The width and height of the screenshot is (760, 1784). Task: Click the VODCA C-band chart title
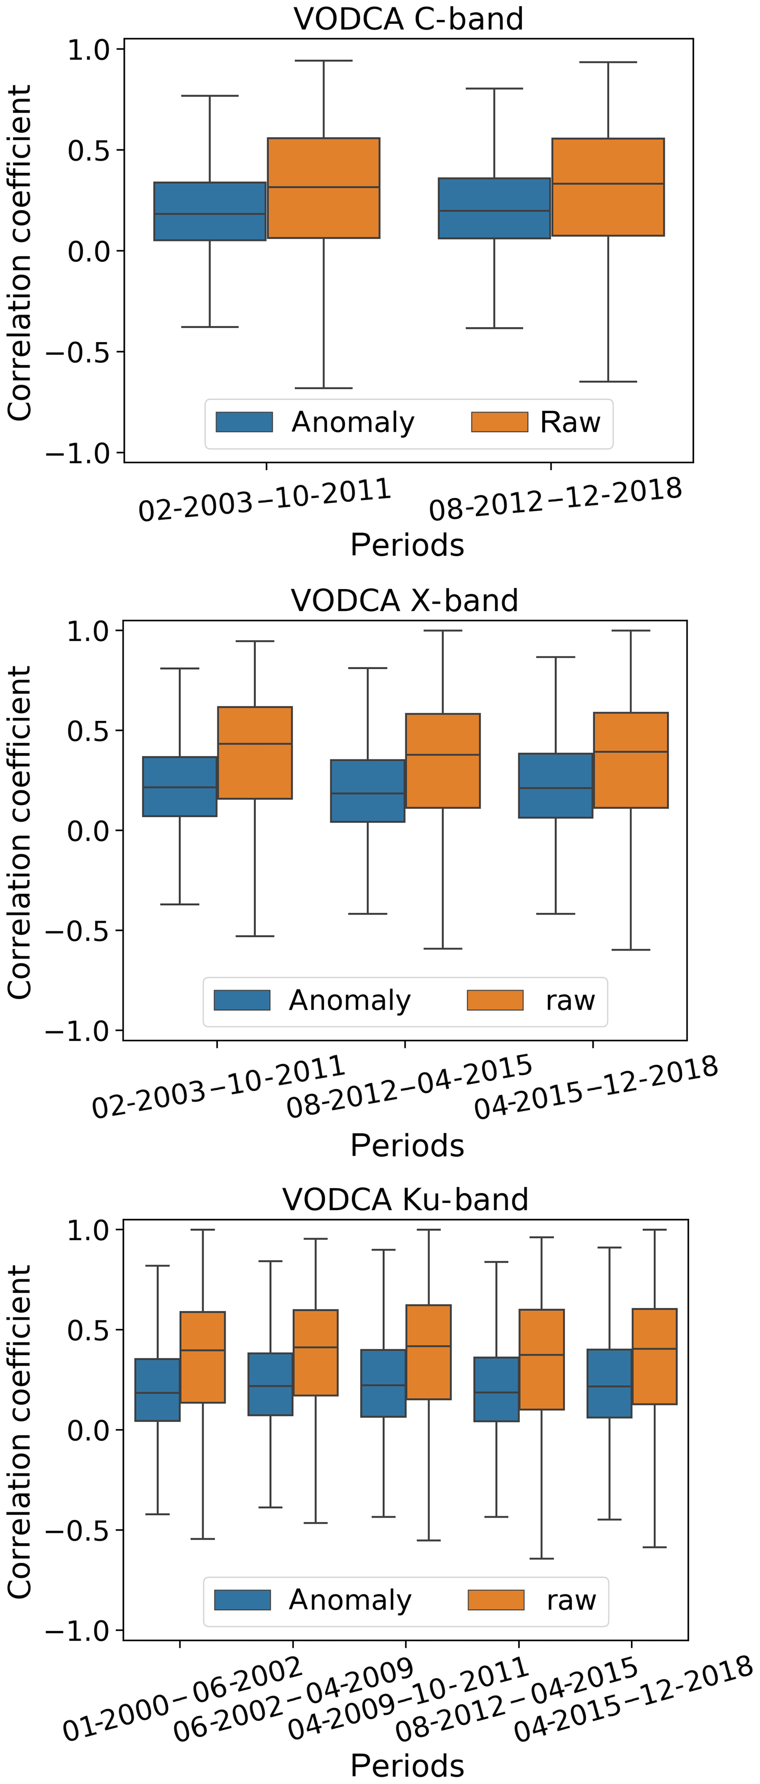pos(408,19)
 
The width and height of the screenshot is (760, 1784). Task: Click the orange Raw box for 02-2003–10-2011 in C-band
pos(324,188)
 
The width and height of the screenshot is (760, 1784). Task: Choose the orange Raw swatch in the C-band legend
pos(500,422)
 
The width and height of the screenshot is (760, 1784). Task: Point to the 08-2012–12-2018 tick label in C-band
pos(556,499)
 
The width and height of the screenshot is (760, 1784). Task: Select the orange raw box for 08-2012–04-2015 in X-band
pos(443,760)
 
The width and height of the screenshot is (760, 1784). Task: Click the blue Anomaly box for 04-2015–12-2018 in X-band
pos(556,785)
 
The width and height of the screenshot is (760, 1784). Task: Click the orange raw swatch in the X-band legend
pos(495,1000)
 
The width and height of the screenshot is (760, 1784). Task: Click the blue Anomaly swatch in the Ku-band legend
pos(242,1600)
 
